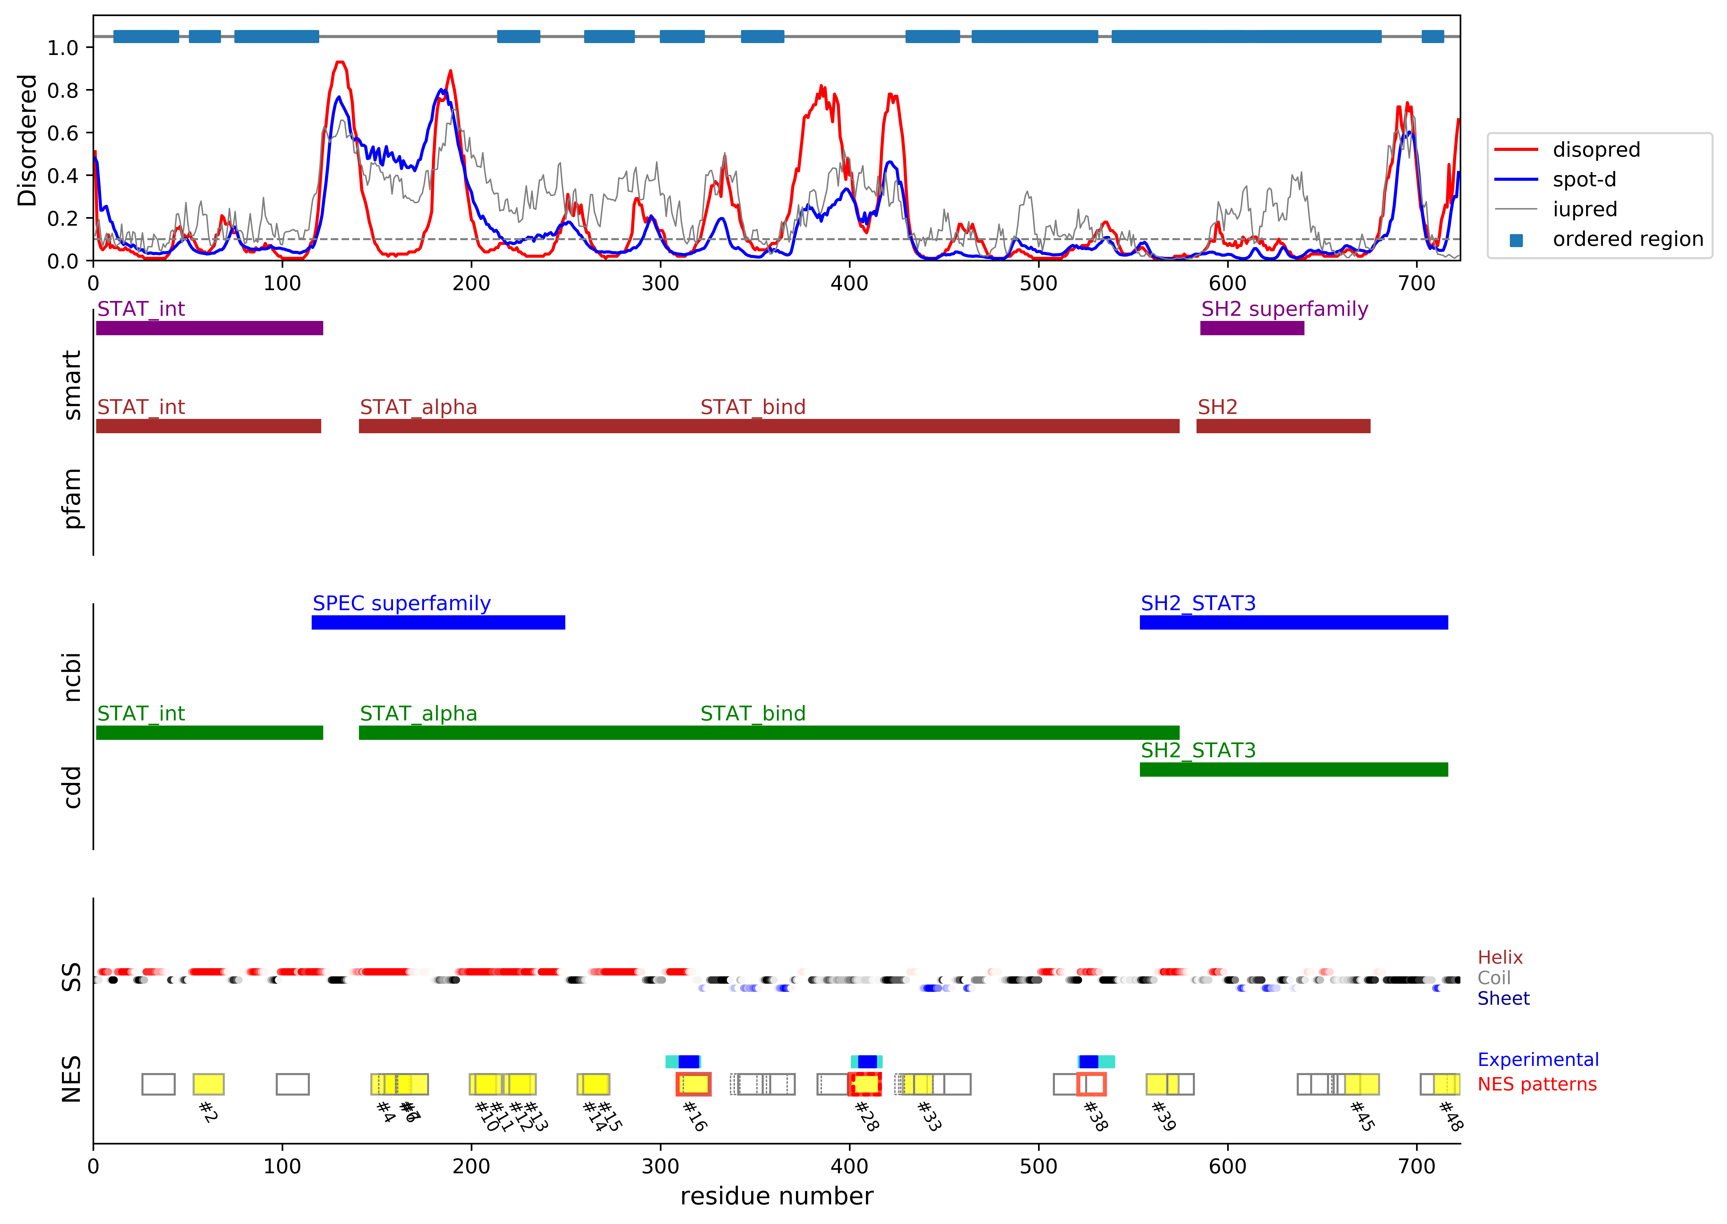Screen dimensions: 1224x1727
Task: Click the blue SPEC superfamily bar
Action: (438, 623)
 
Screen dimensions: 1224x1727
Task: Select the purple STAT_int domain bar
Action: (210, 328)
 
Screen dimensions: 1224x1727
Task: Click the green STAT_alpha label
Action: (418, 714)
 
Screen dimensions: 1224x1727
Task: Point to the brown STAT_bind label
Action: (752, 408)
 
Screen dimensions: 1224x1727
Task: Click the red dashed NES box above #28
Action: (865, 1085)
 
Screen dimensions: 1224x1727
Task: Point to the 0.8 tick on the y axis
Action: (62, 90)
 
